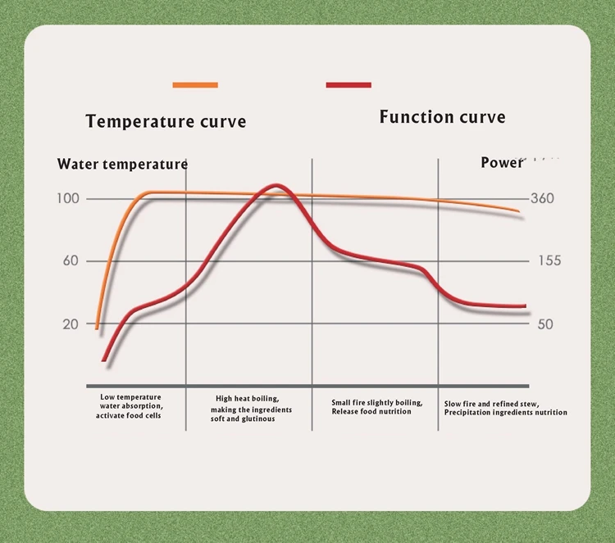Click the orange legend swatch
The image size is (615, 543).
coord(195,84)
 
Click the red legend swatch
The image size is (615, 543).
coord(348,84)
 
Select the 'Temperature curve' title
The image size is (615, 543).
coord(166,122)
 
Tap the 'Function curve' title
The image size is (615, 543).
coord(442,117)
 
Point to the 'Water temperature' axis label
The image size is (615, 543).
coord(122,164)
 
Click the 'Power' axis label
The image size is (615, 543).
coord(501,163)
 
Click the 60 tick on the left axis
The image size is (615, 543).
coord(71,261)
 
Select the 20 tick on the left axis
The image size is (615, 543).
coord(71,324)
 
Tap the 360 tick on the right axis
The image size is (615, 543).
coord(542,198)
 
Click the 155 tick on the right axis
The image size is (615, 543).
coord(549,261)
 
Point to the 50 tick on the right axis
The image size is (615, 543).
coord(545,324)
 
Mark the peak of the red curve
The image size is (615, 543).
coord(276,186)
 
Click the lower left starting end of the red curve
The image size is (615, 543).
coord(104,359)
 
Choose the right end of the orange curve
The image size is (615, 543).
coord(518,211)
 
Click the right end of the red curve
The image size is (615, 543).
coord(524,305)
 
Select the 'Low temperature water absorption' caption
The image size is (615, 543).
coord(131,405)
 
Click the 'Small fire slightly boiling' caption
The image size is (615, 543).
coord(377,407)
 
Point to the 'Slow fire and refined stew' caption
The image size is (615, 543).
coord(505,408)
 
